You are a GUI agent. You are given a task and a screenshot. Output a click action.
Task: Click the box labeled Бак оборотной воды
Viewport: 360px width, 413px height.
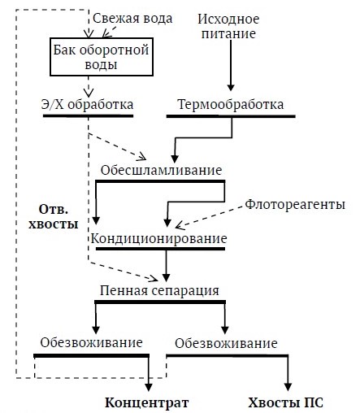[x=102, y=57]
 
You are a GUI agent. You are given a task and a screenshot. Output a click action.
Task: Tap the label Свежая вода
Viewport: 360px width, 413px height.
[x=132, y=19]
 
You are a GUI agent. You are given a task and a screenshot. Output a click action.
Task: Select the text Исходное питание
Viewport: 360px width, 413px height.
[x=228, y=26]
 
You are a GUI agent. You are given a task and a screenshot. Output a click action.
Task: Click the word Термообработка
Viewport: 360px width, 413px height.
[x=231, y=104]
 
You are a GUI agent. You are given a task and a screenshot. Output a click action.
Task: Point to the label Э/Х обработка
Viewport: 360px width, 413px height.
[x=87, y=104]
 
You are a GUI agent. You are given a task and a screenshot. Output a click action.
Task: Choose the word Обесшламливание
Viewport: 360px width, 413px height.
[x=162, y=170]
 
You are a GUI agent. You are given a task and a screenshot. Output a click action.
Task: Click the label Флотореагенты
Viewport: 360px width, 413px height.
[x=295, y=204]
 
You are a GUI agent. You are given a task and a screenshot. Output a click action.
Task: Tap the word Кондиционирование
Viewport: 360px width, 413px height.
[x=158, y=238]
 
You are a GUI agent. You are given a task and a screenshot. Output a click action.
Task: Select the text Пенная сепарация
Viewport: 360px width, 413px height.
[x=159, y=290]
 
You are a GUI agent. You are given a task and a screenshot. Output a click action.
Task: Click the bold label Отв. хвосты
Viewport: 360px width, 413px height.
[x=54, y=217]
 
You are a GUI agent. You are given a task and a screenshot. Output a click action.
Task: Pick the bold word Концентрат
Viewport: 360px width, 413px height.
[x=147, y=402]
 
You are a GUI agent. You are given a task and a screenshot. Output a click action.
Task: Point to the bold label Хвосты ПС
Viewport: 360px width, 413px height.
[x=286, y=402]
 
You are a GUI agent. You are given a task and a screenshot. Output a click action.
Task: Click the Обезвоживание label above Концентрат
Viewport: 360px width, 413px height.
[x=91, y=342]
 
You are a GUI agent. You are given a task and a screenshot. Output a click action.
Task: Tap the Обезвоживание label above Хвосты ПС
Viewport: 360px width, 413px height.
[x=226, y=343]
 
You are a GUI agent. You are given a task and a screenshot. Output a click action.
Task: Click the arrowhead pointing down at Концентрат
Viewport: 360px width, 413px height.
[x=149, y=387]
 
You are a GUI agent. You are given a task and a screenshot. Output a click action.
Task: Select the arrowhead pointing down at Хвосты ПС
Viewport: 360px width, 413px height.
[x=288, y=387]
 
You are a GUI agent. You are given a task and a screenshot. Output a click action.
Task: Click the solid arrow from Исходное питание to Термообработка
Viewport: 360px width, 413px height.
[x=231, y=66]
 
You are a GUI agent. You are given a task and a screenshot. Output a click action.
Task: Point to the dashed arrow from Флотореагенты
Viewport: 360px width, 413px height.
[x=209, y=217]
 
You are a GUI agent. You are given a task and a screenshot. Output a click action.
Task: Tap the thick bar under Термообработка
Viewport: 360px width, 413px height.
[x=231, y=116]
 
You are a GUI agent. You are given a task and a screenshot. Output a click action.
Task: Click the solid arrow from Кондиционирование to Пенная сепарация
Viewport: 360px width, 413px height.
[x=167, y=266]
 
